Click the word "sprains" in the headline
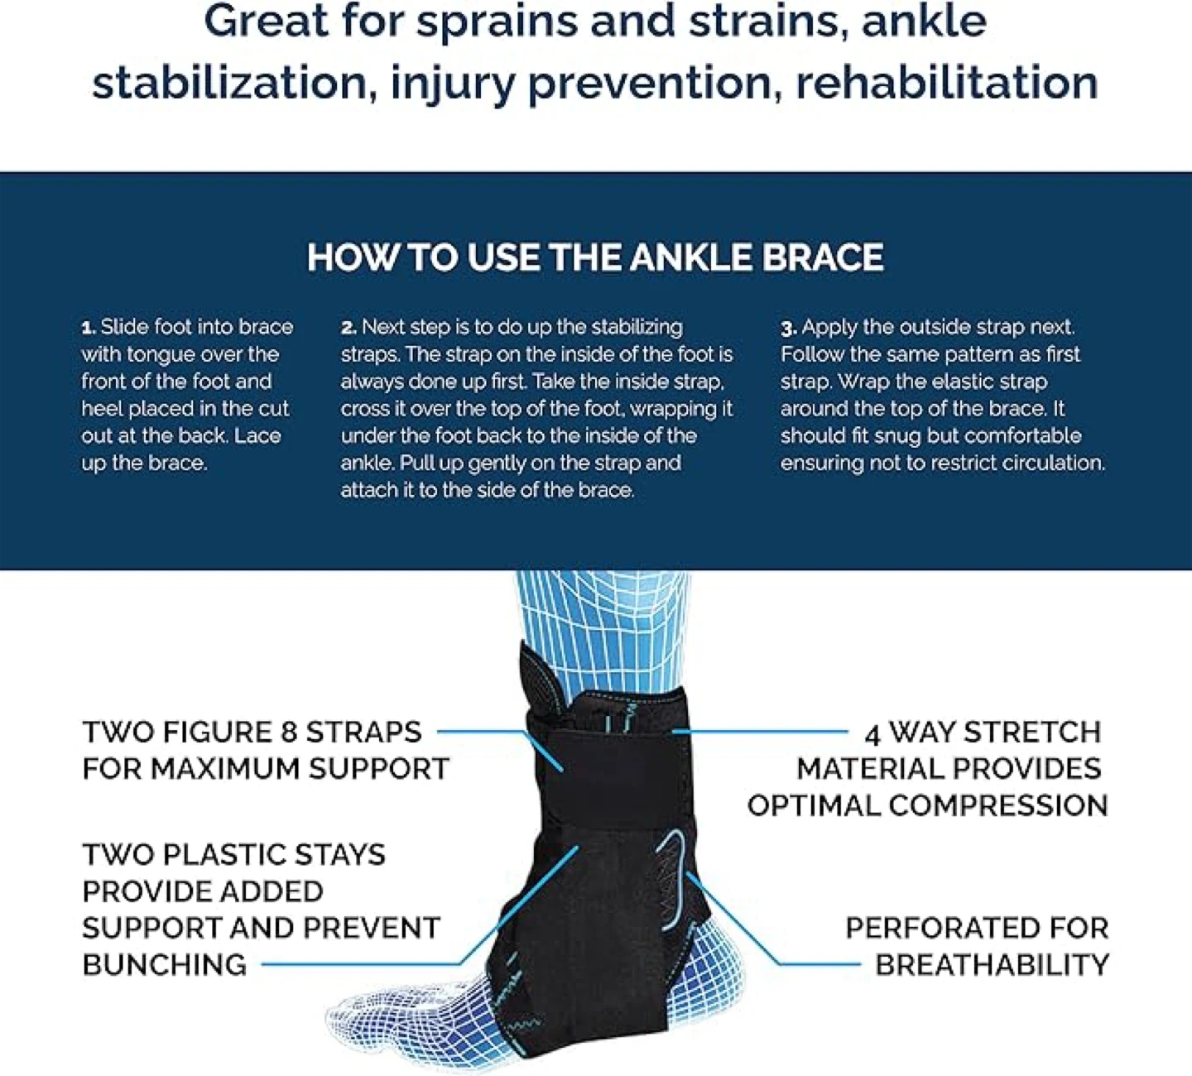[497, 23]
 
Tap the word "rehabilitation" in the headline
[947, 83]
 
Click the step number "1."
[89, 328]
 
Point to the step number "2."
[348, 328]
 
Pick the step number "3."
[789, 328]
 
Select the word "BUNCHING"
[165, 965]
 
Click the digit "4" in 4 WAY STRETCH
[872, 734]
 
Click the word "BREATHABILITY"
[993, 965]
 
